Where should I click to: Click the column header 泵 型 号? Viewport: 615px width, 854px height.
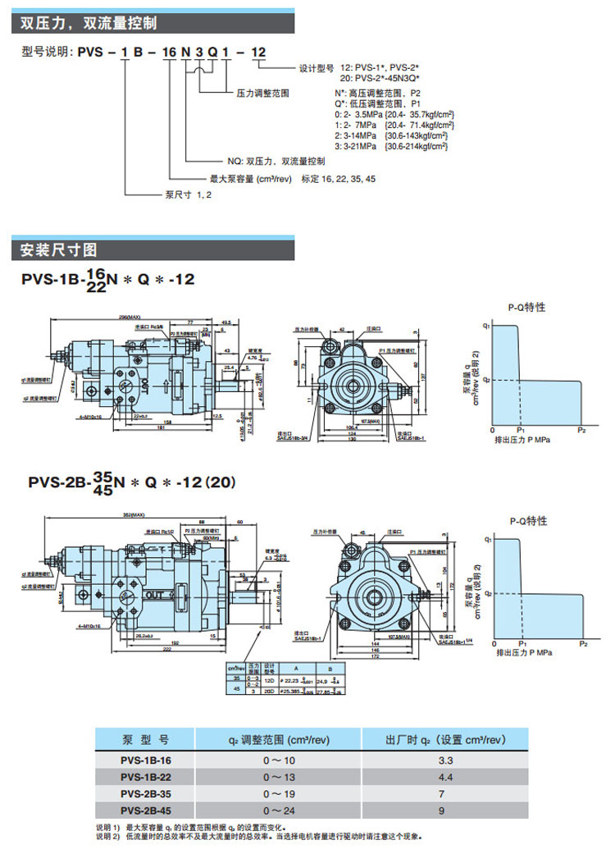click(145, 740)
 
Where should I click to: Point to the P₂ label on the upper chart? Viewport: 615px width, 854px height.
click(581, 429)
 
